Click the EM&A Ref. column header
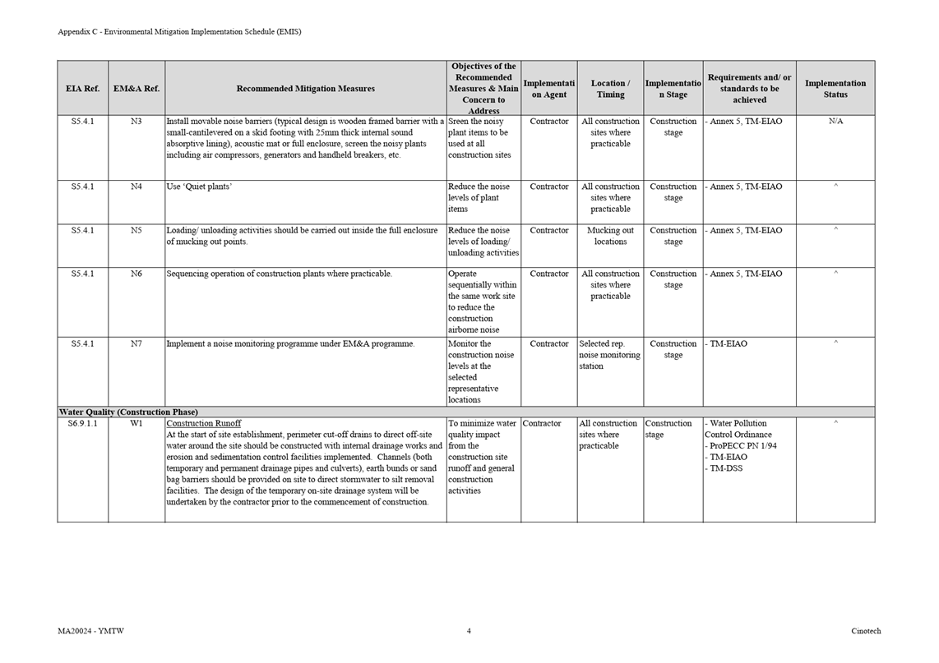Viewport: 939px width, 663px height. coord(136,89)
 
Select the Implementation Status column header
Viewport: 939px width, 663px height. coord(835,89)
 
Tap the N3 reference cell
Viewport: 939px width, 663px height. coord(136,122)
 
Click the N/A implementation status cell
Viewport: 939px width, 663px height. coord(835,122)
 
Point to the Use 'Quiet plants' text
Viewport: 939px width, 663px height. coord(199,187)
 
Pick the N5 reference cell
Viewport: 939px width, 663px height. coord(136,231)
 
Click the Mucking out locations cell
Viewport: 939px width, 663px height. coord(610,237)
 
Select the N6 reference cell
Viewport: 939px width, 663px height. coord(136,274)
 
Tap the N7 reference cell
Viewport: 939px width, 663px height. coord(136,344)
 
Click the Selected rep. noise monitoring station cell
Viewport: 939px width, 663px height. coord(609,355)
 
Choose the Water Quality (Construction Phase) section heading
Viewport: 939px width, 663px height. coord(128,412)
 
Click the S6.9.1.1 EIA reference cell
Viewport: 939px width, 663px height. coord(82,424)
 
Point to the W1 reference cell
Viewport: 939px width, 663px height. coord(136,424)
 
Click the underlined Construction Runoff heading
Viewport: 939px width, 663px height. coord(204,424)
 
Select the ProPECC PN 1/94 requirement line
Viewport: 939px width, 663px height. coord(742,446)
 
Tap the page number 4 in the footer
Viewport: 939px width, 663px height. coord(469,631)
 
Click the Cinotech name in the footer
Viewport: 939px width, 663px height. coord(866,631)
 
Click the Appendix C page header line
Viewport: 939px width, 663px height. coord(179,32)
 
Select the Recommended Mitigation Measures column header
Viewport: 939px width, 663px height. coord(305,89)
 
